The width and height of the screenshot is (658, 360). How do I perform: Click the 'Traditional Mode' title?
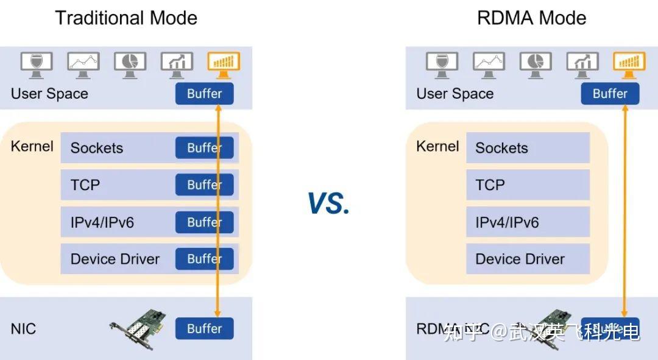click(126, 18)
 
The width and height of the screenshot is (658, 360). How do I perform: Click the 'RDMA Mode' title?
click(531, 18)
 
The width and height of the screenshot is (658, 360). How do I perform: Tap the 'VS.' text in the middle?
click(329, 203)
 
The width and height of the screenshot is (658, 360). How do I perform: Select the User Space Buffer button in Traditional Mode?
click(204, 94)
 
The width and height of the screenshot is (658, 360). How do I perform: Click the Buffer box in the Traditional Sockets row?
click(204, 148)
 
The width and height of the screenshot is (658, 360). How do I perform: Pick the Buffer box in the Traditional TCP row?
click(204, 185)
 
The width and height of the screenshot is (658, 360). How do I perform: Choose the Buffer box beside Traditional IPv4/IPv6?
click(204, 222)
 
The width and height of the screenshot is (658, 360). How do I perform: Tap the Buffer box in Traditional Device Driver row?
click(204, 259)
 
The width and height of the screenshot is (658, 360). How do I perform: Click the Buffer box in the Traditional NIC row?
click(204, 328)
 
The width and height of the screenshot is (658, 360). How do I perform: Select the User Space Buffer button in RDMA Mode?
click(610, 94)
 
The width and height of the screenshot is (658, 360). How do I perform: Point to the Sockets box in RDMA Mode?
click(528, 148)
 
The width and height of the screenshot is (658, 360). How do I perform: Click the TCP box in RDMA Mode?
click(528, 185)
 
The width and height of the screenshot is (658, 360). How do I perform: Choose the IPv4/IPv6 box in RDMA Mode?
click(528, 222)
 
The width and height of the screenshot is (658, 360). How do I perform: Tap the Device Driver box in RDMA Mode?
click(528, 259)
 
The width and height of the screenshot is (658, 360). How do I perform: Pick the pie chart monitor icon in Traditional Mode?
click(130, 63)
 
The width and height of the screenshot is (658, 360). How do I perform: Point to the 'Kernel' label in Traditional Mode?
click(32, 147)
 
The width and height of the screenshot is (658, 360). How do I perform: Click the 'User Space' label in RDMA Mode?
click(455, 94)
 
